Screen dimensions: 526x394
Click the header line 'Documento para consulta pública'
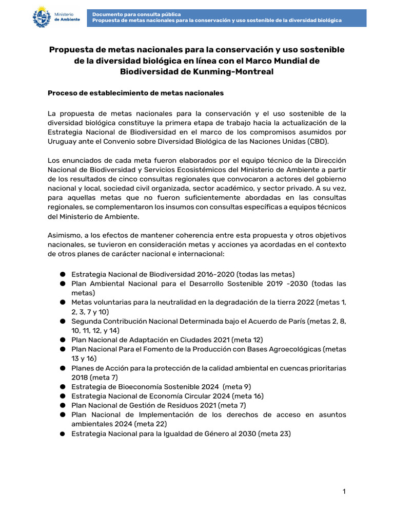pos(136,14)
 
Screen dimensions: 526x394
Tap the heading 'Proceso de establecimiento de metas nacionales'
pos(135,93)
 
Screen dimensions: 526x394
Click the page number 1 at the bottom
pos(344,492)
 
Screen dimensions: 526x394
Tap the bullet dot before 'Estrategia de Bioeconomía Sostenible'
pos(62,387)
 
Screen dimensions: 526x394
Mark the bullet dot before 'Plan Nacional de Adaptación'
pos(62,340)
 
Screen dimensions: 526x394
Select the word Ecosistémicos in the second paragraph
pos(208,169)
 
